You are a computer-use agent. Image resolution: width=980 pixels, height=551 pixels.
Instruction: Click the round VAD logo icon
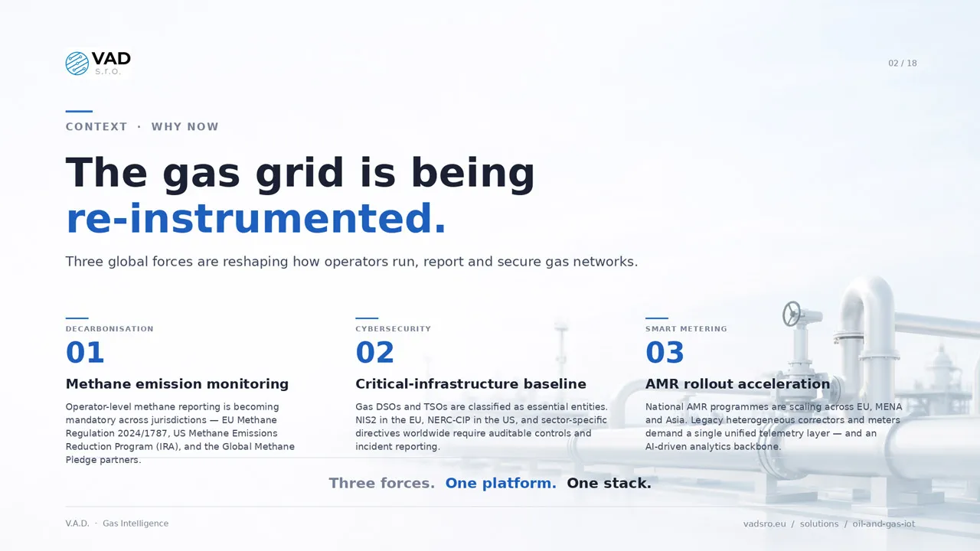(77, 64)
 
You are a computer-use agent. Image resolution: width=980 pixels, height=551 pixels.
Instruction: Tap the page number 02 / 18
(902, 64)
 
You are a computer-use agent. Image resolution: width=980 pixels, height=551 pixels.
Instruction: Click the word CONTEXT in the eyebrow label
(96, 127)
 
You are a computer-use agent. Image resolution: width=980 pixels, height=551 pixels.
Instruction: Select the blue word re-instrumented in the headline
(256, 219)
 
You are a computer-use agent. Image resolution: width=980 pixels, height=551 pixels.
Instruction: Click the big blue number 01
(85, 353)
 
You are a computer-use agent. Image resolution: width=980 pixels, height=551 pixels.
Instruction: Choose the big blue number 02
(375, 353)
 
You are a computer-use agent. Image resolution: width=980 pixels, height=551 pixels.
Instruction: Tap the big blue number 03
(665, 353)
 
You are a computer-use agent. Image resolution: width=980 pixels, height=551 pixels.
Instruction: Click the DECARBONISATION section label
(109, 329)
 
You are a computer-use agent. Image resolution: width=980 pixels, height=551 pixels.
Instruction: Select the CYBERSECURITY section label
(393, 329)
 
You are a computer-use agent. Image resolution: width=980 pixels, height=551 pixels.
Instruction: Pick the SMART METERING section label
(686, 329)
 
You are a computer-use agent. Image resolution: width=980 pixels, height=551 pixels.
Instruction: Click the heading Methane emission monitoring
(177, 384)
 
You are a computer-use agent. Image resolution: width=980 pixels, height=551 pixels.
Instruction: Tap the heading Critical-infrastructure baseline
(471, 384)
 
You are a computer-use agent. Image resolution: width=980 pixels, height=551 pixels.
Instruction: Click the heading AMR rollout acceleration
(737, 384)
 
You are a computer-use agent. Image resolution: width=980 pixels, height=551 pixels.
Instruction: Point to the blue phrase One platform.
(501, 483)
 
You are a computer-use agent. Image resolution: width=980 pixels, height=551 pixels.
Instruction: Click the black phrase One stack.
(609, 483)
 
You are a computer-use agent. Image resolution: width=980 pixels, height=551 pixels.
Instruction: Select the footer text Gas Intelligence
(136, 523)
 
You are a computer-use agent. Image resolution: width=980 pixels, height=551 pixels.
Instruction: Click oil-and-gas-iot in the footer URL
(884, 524)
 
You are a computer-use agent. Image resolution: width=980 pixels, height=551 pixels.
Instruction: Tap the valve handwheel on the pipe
(792, 314)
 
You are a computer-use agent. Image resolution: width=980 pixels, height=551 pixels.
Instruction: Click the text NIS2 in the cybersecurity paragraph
(366, 420)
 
